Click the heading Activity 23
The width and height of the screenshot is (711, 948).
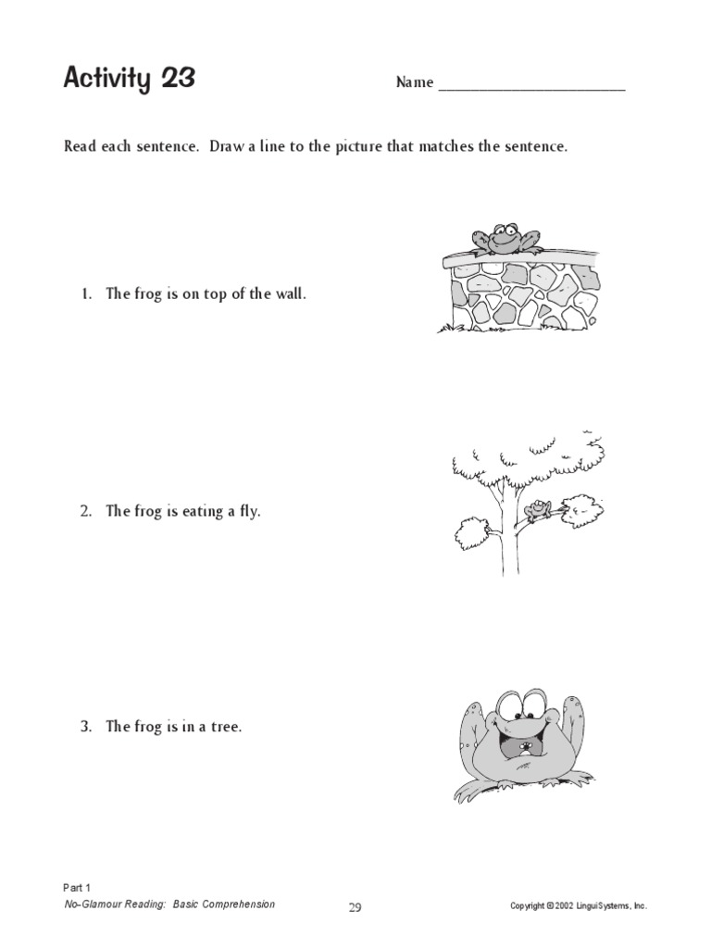(x=129, y=80)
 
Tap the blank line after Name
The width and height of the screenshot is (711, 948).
(x=531, y=85)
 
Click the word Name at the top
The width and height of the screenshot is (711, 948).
(x=415, y=82)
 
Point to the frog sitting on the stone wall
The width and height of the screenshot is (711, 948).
(x=503, y=238)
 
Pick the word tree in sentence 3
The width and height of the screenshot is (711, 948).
(x=226, y=727)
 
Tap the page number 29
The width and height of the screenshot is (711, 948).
(x=355, y=908)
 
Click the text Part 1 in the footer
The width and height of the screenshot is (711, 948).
(x=77, y=887)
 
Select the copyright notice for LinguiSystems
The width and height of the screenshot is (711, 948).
(x=579, y=905)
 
